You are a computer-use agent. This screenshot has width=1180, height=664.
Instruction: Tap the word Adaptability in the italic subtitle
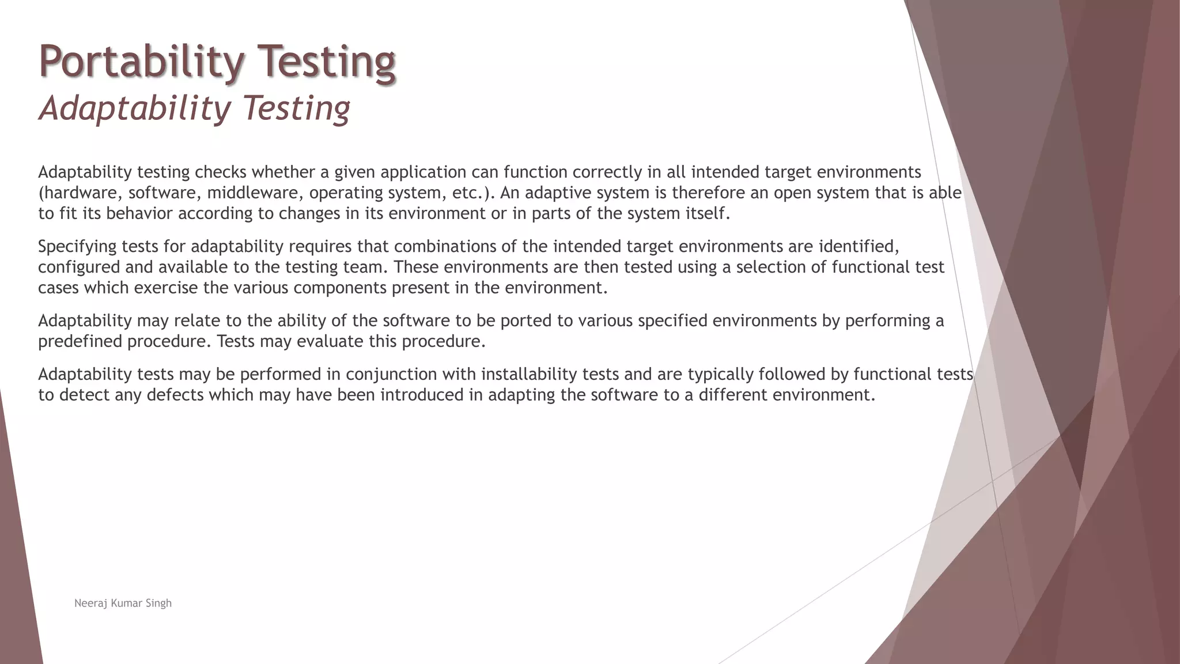click(133, 108)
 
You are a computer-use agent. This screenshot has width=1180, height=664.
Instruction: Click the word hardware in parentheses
click(80, 193)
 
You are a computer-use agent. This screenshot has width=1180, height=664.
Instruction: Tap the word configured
click(79, 267)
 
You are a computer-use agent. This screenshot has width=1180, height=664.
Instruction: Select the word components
click(340, 288)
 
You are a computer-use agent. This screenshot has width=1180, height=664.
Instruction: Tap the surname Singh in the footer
click(158, 603)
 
